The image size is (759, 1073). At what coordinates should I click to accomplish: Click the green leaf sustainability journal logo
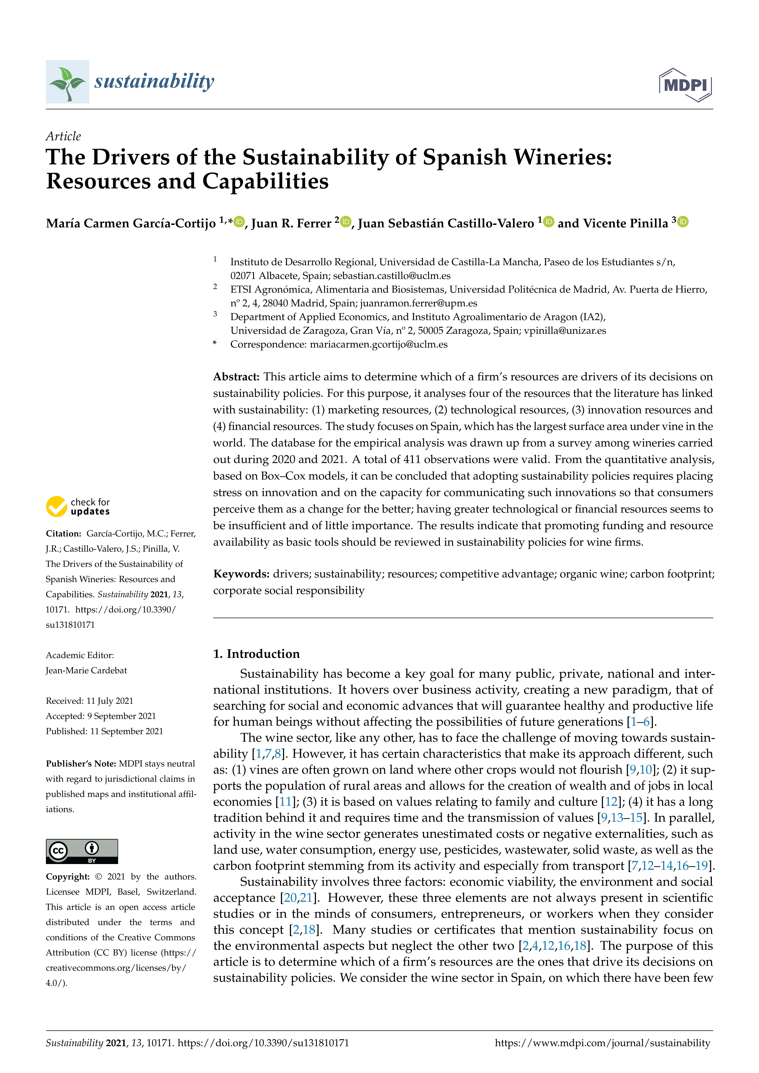67,82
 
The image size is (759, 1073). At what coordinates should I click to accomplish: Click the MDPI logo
685,85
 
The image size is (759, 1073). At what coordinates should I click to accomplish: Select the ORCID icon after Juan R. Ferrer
346,222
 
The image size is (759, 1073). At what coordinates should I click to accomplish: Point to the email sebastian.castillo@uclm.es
392,276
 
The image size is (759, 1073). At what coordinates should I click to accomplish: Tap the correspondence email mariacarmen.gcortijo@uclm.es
379,345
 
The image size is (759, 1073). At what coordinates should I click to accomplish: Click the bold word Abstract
236,377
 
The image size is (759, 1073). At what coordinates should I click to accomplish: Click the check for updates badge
78,507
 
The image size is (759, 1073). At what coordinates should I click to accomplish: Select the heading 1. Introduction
256,654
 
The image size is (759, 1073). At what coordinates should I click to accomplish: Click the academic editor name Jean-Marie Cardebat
87,670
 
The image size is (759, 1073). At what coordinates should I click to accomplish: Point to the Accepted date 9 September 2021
122,716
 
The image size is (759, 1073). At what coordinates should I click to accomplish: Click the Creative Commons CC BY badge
82,851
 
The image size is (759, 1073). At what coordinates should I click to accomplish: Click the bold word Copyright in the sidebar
68,877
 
